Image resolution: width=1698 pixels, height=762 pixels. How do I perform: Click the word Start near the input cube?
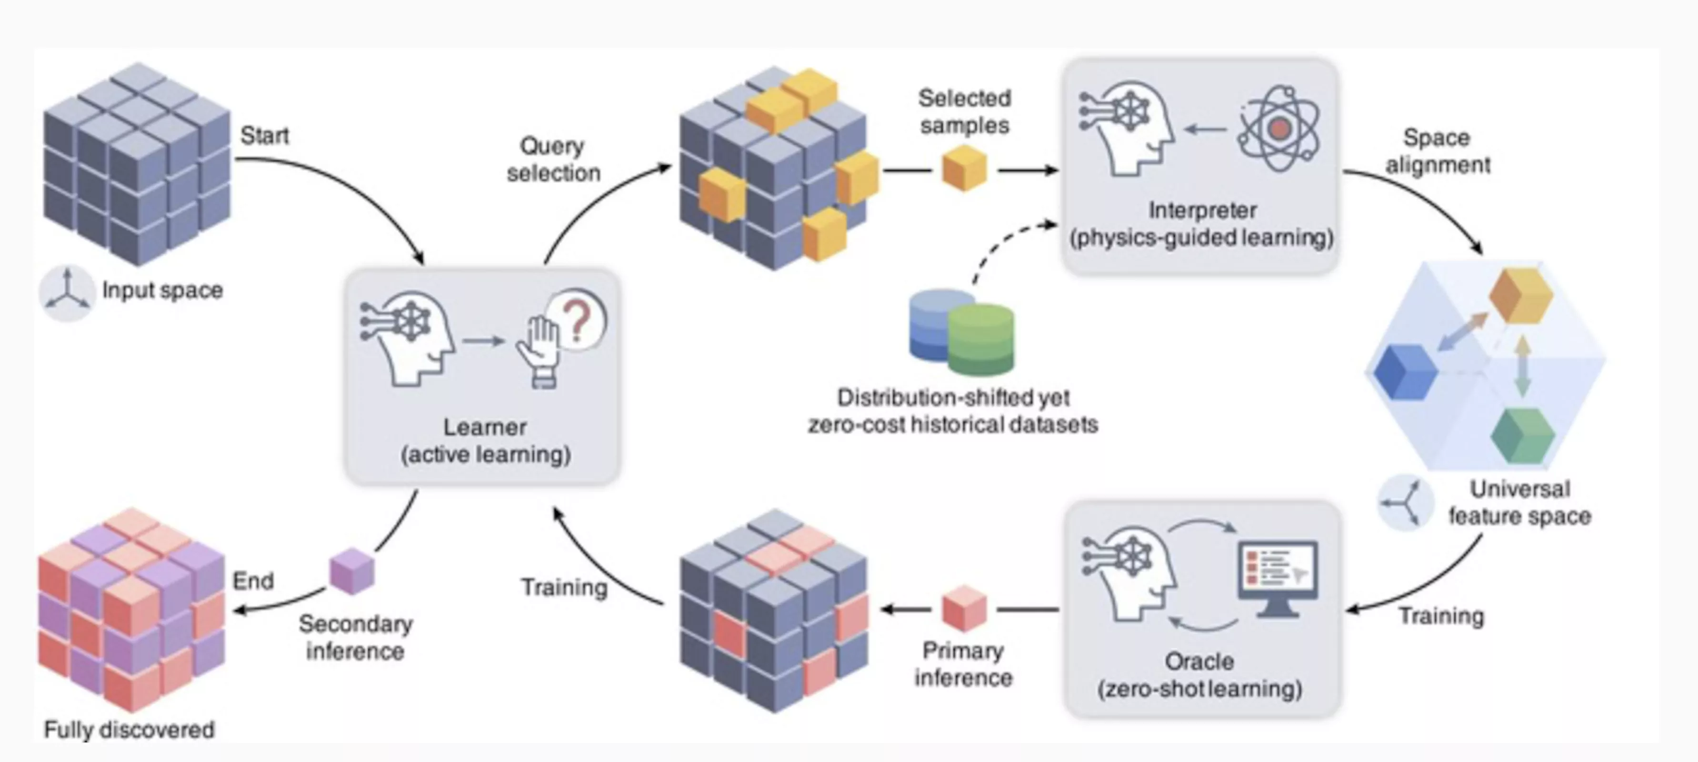[x=264, y=136]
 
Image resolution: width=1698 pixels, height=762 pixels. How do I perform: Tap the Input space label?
[x=162, y=290]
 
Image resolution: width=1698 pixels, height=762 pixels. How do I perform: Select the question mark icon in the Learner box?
[x=578, y=321]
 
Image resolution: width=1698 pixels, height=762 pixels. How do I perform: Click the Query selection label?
[x=553, y=160]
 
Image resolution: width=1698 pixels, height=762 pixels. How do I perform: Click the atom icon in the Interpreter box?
[x=1279, y=129]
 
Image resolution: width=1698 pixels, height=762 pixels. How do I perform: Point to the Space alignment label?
[x=1437, y=151]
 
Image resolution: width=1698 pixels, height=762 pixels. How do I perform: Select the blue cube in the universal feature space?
[x=1405, y=372]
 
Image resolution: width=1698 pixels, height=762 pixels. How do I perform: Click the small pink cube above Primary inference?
[x=964, y=608]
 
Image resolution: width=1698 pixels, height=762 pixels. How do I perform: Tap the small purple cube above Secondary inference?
[x=352, y=571]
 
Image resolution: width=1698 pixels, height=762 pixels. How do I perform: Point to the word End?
[x=253, y=581]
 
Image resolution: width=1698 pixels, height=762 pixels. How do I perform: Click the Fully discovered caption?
[x=129, y=730]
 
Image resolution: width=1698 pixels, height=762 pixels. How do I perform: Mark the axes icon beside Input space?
[x=67, y=292]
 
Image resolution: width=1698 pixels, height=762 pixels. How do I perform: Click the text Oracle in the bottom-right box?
[x=1199, y=661]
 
